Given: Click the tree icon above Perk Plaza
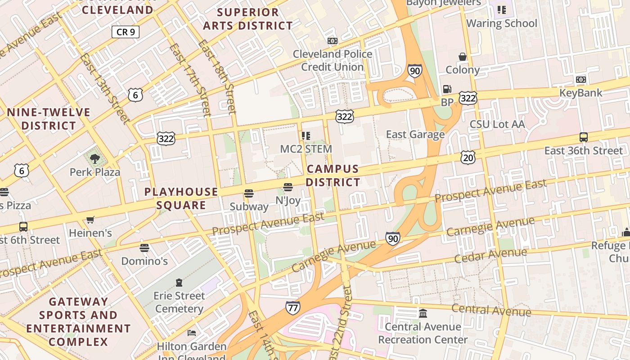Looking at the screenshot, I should [94, 158].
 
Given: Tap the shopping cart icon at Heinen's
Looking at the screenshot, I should [90, 220].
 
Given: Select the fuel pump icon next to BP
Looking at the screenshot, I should [447, 89].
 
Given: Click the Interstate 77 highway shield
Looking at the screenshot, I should [293, 308].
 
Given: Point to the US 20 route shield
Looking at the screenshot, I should [468, 157].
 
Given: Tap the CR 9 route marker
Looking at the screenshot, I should [126, 32].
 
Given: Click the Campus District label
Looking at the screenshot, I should [333, 175].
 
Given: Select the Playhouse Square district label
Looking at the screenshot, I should [181, 198].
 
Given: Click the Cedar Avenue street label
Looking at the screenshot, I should [490, 255].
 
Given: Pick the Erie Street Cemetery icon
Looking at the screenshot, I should [179, 283].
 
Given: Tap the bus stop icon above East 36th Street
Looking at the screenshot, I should [584, 137].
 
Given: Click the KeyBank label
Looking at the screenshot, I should [580, 93].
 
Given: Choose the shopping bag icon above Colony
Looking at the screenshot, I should [462, 57].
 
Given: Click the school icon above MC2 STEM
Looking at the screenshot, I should [306, 135].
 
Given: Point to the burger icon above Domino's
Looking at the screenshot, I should [144, 247].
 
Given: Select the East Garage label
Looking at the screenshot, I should [415, 134].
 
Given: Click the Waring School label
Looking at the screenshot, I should [502, 23].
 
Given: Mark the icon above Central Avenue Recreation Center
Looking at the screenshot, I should [423, 313].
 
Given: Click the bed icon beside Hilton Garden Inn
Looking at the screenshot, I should [192, 333].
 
